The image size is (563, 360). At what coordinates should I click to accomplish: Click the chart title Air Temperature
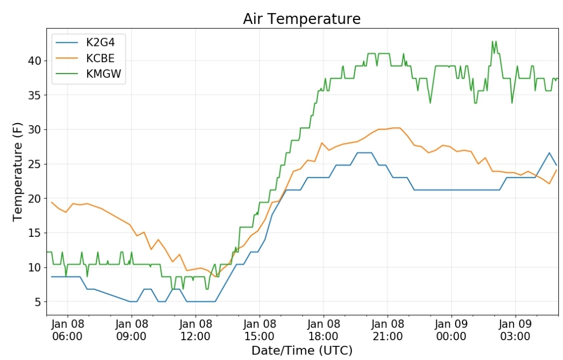tap(302, 19)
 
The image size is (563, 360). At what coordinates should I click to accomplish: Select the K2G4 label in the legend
tap(100, 42)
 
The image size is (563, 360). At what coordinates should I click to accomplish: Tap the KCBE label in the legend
tap(100, 58)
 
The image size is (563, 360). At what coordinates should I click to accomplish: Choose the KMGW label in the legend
tap(103, 74)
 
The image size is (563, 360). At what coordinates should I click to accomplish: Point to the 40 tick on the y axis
tap(35, 61)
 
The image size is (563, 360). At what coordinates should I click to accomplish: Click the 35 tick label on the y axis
tap(35, 95)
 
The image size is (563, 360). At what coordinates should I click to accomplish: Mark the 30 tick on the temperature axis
tap(35, 129)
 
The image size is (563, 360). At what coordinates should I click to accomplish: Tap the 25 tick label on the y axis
tap(35, 164)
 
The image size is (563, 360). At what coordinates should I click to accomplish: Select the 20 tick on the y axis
tap(35, 198)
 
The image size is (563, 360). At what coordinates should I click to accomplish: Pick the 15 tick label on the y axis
tap(35, 233)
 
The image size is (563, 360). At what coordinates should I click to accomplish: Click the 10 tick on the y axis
tap(35, 267)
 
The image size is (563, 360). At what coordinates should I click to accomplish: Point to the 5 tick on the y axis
tap(38, 302)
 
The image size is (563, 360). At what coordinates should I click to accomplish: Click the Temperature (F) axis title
tap(17, 172)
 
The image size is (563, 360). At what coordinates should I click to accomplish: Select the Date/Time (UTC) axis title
tap(302, 350)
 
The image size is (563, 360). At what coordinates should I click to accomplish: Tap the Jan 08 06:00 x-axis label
tap(67, 330)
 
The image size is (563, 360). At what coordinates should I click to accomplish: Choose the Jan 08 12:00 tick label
tap(195, 330)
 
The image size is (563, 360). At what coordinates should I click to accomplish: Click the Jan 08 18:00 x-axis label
tap(323, 330)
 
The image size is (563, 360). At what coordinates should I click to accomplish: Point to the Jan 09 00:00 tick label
tap(451, 330)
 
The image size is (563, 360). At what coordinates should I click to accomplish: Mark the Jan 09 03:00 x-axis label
tap(515, 330)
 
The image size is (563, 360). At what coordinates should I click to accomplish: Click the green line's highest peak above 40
tap(492, 41)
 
